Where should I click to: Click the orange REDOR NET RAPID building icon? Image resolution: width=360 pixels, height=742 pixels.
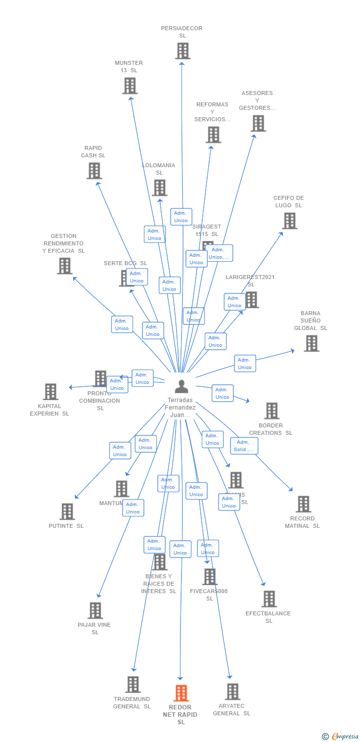[181, 693]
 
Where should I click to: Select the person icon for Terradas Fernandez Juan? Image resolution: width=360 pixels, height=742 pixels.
[181, 386]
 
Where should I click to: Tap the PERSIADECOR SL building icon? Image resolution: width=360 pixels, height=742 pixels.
[182, 50]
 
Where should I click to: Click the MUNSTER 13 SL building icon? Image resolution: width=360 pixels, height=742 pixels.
[130, 86]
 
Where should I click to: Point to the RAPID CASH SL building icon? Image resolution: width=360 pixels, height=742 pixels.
[94, 171]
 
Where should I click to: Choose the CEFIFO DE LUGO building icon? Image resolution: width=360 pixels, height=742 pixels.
[289, 221]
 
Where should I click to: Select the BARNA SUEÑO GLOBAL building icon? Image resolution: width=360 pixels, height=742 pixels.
[311, 343]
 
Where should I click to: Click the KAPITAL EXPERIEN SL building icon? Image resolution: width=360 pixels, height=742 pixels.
[50, 391]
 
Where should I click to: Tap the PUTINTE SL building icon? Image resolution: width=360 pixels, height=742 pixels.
[67, 511]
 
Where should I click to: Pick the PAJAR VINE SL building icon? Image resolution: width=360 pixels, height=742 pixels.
[95, 610]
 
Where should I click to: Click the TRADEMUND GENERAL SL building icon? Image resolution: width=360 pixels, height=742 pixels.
[133, 685]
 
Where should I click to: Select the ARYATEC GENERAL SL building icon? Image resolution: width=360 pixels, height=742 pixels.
[232, 692]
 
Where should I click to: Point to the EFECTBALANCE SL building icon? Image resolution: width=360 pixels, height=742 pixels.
[269, 599]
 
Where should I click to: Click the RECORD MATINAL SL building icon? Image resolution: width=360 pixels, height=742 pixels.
[303, 504]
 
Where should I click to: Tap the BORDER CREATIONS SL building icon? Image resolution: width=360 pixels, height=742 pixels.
[271, 411]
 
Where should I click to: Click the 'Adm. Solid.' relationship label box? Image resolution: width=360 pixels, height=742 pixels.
[244, 446]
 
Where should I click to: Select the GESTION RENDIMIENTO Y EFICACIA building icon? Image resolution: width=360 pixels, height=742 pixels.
[64, 266]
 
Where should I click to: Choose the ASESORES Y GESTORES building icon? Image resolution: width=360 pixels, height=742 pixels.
[258, 123]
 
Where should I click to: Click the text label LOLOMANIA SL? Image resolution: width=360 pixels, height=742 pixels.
[159, 169]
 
